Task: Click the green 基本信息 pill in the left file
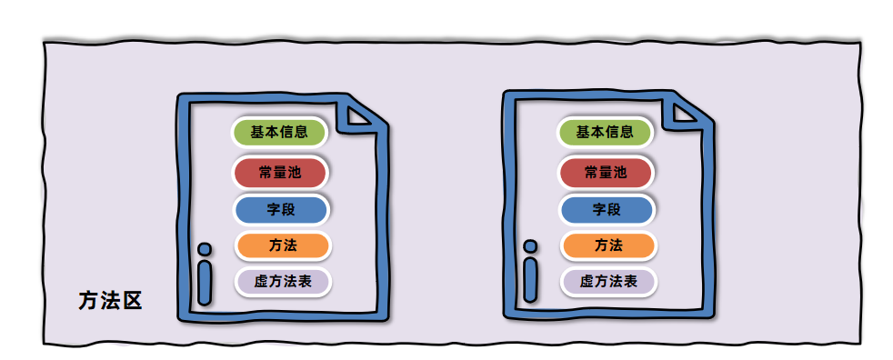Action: coord(278,133)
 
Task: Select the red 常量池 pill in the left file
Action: coord(279,173)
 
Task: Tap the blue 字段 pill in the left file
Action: coord(281,210)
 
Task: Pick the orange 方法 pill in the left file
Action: coord(283,245)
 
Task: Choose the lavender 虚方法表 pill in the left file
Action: coord(283,282)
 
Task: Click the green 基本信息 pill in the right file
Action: coord(605,133)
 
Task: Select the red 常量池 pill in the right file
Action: coord(606,173)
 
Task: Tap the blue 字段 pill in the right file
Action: coord(607,210)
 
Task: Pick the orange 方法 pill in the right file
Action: coord(608,245)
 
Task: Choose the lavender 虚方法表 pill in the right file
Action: coord(608,282)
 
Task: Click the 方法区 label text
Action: coord(110,300)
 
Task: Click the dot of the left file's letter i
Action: coord(205,249)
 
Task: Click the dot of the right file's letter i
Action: coord(530,246)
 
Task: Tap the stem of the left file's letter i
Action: coord(205,283)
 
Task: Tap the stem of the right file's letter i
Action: coord(530,279)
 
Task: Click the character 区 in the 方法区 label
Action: coord(132,300)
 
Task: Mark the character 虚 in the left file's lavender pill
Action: coord(261,282)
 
